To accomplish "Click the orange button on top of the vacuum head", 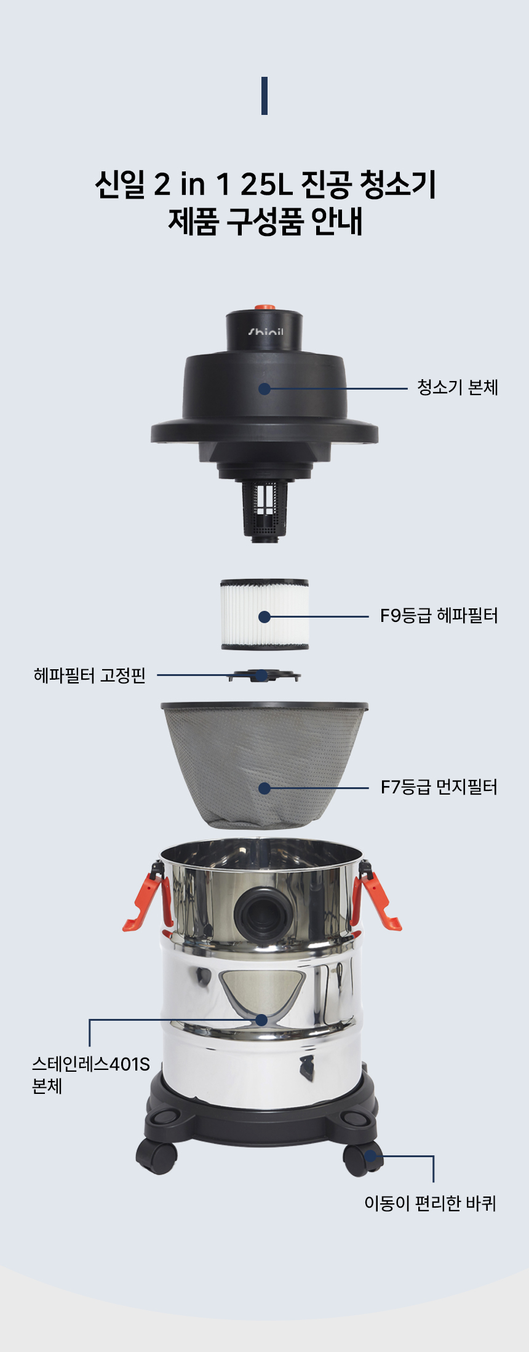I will pos(264,306).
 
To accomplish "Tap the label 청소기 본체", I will pos(457,388).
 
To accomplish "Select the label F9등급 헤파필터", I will pos(438,616).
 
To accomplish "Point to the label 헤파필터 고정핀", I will pos(90,675).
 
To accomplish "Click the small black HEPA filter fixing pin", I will pos(264,676).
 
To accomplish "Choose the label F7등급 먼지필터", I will pos(438,787).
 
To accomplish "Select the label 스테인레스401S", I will pos(91,1064).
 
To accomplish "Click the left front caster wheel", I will pos(157,1157).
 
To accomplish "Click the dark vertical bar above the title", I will pos(264,96).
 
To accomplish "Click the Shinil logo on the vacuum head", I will pos(265,332).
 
